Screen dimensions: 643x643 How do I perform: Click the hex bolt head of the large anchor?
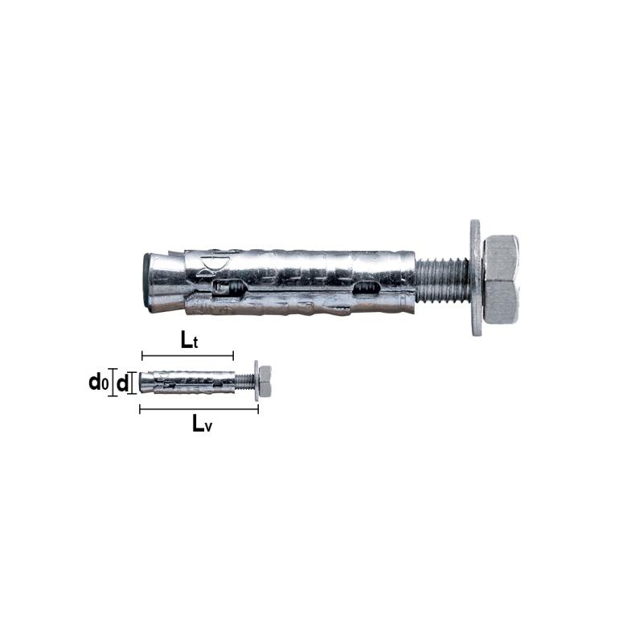tap(502, 279)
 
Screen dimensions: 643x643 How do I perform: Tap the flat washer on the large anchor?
tap(476, 278)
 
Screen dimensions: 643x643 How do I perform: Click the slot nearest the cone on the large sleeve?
tap(227, 288)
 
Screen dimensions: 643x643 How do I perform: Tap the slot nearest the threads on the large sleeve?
tap(365, 288)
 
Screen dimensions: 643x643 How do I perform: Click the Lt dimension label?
tap(189, 340)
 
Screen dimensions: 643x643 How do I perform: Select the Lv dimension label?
tap(203, 424)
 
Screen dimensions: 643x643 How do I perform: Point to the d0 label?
tap(99, 383)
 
